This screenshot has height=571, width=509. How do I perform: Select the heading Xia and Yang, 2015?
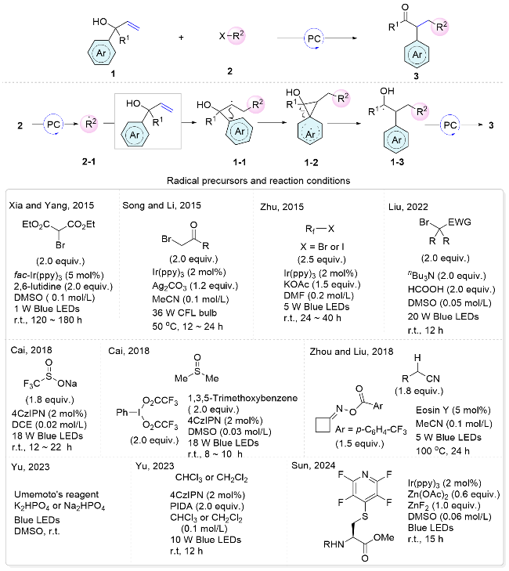[48, 204]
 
